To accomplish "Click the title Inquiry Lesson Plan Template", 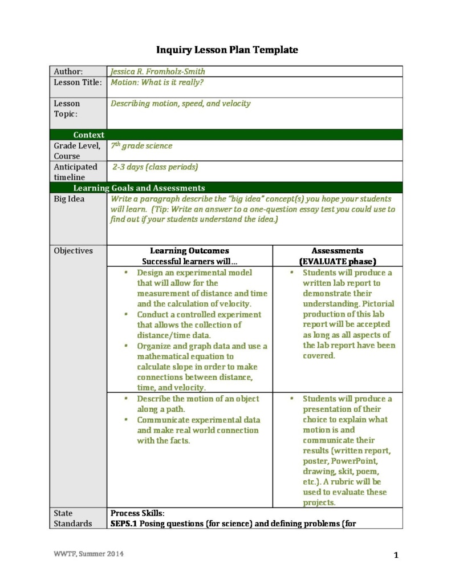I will (x=227, y=50).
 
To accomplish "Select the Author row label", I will (x=68, y=72).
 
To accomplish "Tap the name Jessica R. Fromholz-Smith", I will (x=157, y=72).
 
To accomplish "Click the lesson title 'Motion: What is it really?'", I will (x=157, y=82).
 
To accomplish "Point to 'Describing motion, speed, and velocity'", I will (x=180, y=104).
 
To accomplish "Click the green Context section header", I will (x=88, y=135).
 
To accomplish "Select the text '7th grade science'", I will (x=141, y=146).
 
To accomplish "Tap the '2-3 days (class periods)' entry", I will (x=155, y=167).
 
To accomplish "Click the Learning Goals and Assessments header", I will (x=139, y=188).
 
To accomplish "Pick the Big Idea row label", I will (x=69, y=199).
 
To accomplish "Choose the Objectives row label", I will (x=73, y=251).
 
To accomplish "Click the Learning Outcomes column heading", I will (x=189, y=251).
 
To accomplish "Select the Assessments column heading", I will (x=338, y=251).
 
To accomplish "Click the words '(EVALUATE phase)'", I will (x=338, y=261).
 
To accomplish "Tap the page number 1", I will (x=396, y=555).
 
